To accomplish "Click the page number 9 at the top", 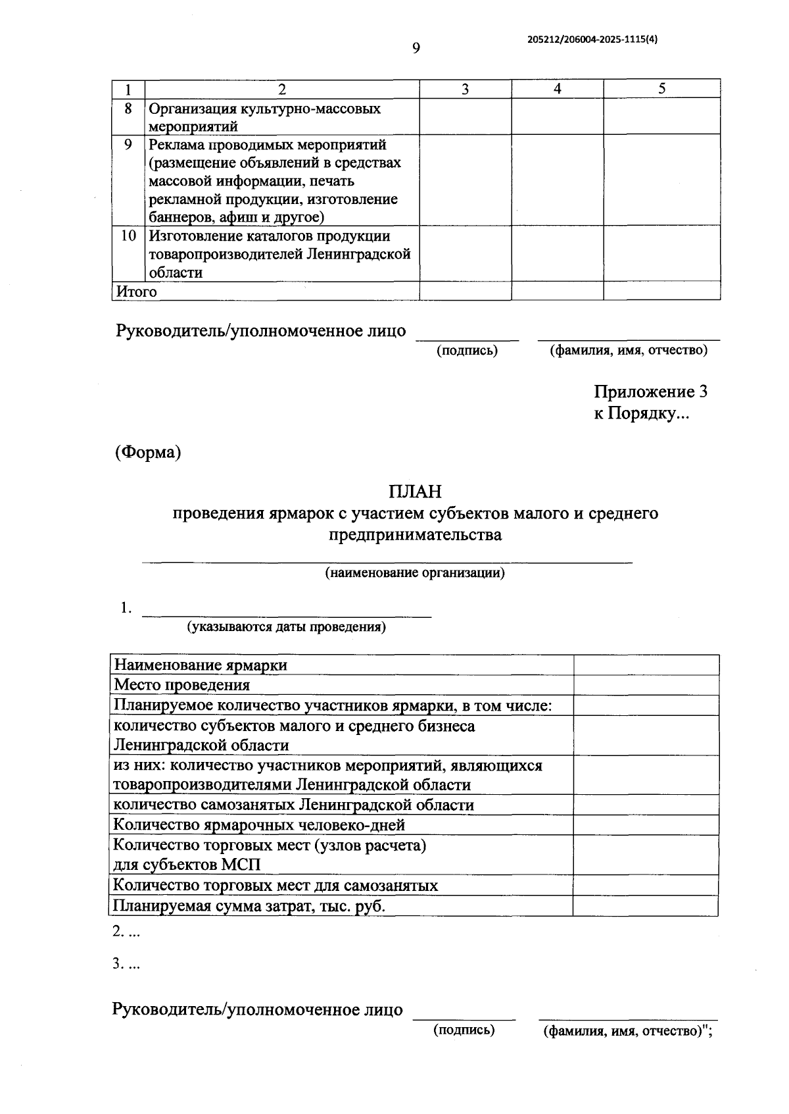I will (416, 48).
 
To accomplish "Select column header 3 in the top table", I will (465, 89).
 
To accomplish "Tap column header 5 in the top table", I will (661, 89).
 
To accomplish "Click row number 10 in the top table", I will (128, 236).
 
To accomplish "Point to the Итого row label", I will (137, 291).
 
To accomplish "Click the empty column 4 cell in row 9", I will (557, 180).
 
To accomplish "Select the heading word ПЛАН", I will (415, 492).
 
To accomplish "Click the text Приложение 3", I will (650, 392).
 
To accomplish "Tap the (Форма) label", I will (148, 453).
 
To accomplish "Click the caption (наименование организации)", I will (415, 572).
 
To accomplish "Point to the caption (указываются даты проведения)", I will (287, 626).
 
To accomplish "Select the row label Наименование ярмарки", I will (201, 665).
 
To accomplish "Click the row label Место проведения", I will (182, 685).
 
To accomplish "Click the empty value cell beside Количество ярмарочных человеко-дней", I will (646, 825).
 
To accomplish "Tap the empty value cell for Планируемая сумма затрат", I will (645, 906).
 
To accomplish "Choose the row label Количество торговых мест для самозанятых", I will (275, 886).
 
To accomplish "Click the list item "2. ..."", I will (126, 932).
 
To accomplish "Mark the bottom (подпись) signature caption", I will (464, 1030).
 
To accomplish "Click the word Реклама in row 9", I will (176, 145).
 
